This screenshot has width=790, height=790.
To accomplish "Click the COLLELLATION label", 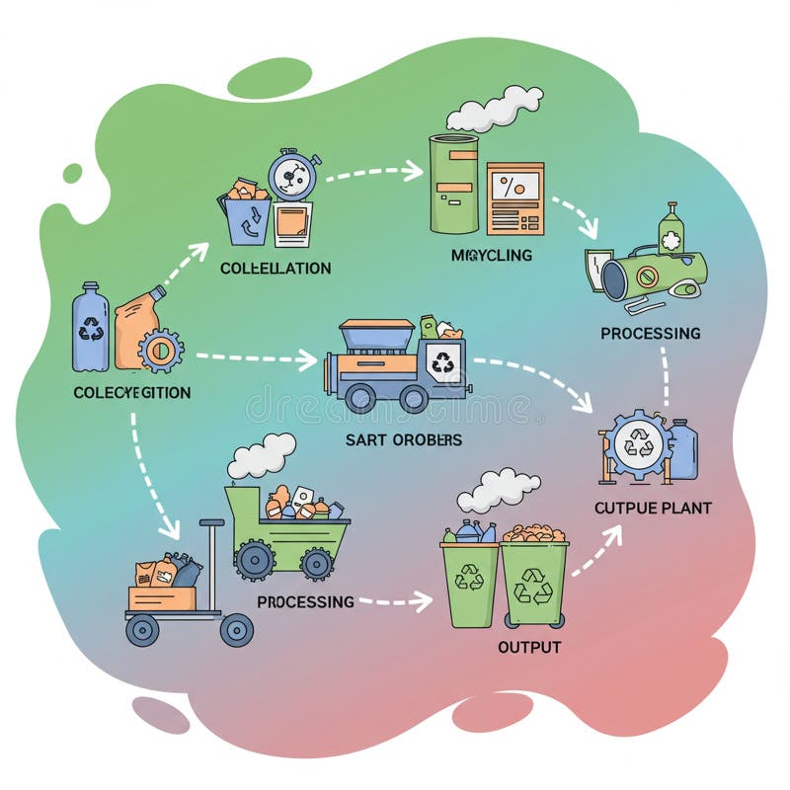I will [276, 269].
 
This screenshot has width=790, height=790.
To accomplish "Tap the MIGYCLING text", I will [491, 255].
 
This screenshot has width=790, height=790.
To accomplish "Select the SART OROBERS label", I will [403, 439].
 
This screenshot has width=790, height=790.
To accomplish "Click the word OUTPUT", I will [528, 648].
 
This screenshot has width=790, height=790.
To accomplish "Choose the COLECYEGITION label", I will [132, 392].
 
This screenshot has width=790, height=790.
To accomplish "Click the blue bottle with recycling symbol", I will [90, 327].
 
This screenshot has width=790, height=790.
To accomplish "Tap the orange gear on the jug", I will [160, 351].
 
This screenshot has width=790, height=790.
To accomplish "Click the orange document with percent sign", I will [514, 197].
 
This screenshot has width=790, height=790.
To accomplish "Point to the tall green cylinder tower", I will [453, 184].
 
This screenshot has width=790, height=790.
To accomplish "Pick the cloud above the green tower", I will [494, 109].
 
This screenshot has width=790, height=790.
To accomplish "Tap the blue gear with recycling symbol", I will [638, 445].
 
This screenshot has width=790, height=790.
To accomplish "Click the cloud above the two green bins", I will [499, 488].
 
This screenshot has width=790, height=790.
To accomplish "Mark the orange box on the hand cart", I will [162, 596].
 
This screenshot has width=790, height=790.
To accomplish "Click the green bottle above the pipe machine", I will [671, 230].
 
